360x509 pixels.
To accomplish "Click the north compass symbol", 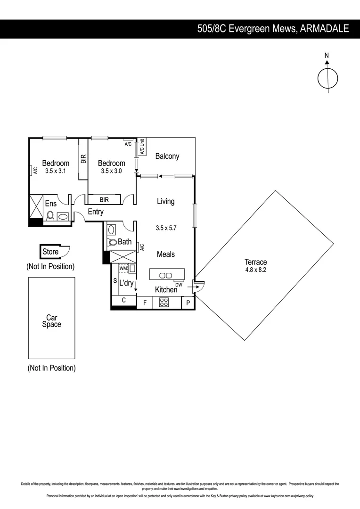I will click(327, 77).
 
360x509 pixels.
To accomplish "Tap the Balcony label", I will click(167, 156).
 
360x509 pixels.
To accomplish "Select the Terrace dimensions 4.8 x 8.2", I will click(255, 271).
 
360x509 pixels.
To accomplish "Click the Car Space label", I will click(51, 321).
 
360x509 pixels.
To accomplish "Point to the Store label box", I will click(51, 252).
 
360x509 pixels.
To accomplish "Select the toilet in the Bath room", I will click(112, 243).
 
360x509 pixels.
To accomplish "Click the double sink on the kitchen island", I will click(165, 275).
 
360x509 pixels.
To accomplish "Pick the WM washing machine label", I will click(123, 269).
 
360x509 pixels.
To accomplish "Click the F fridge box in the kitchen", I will click(144, 303).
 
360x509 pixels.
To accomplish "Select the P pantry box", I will click(188, 303).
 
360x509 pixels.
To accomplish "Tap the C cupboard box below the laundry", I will click(123, 300).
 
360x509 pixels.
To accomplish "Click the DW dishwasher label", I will click(179, 285).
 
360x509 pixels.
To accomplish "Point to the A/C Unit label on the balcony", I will click(141, 147).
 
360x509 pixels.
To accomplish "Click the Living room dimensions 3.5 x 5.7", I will click(165, 228).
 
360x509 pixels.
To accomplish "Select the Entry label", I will click(96, 212).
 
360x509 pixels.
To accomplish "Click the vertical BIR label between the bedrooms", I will click(83, 159).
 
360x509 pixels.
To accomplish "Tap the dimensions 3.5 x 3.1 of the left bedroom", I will click(56, 171).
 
